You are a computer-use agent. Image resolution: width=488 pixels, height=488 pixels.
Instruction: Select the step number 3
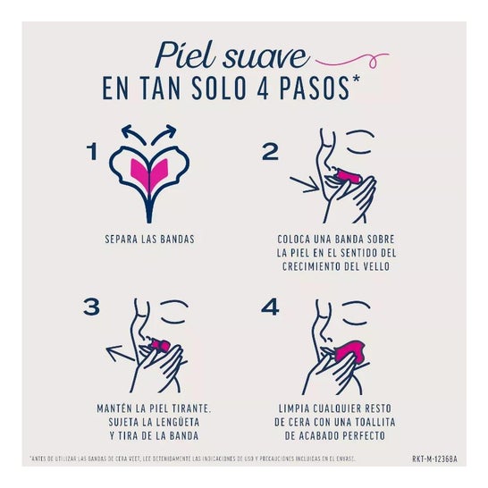click(x=90, y=307)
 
